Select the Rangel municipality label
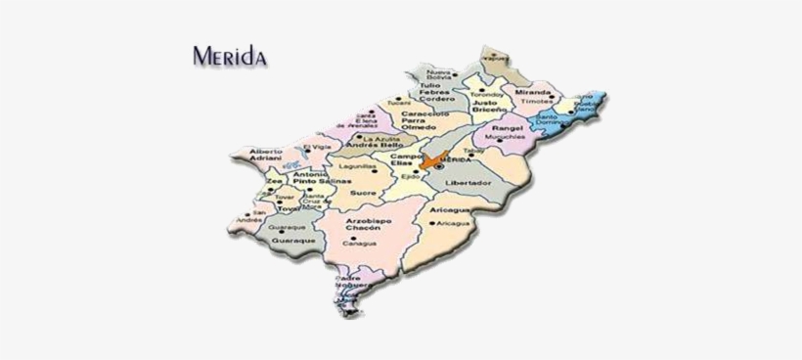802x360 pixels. pos(509,127)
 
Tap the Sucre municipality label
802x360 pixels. pos(362,194)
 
